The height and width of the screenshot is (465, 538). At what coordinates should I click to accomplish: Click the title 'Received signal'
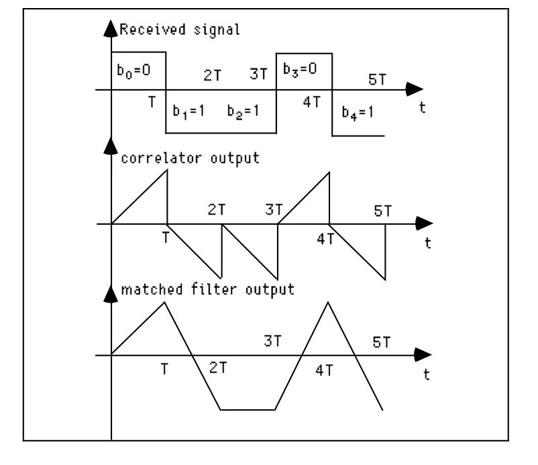[180, 30]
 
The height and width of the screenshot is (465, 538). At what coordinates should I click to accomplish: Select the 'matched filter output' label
[208, 290]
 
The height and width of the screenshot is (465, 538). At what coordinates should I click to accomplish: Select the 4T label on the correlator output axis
[325, 240]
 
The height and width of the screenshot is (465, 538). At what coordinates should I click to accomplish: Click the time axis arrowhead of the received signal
[415, 90]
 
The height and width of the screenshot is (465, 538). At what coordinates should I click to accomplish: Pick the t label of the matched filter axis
[427, 374]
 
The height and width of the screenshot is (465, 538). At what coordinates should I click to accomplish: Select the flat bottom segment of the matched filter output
[248, 409]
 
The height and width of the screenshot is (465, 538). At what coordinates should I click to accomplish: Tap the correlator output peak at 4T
[329, 173]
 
